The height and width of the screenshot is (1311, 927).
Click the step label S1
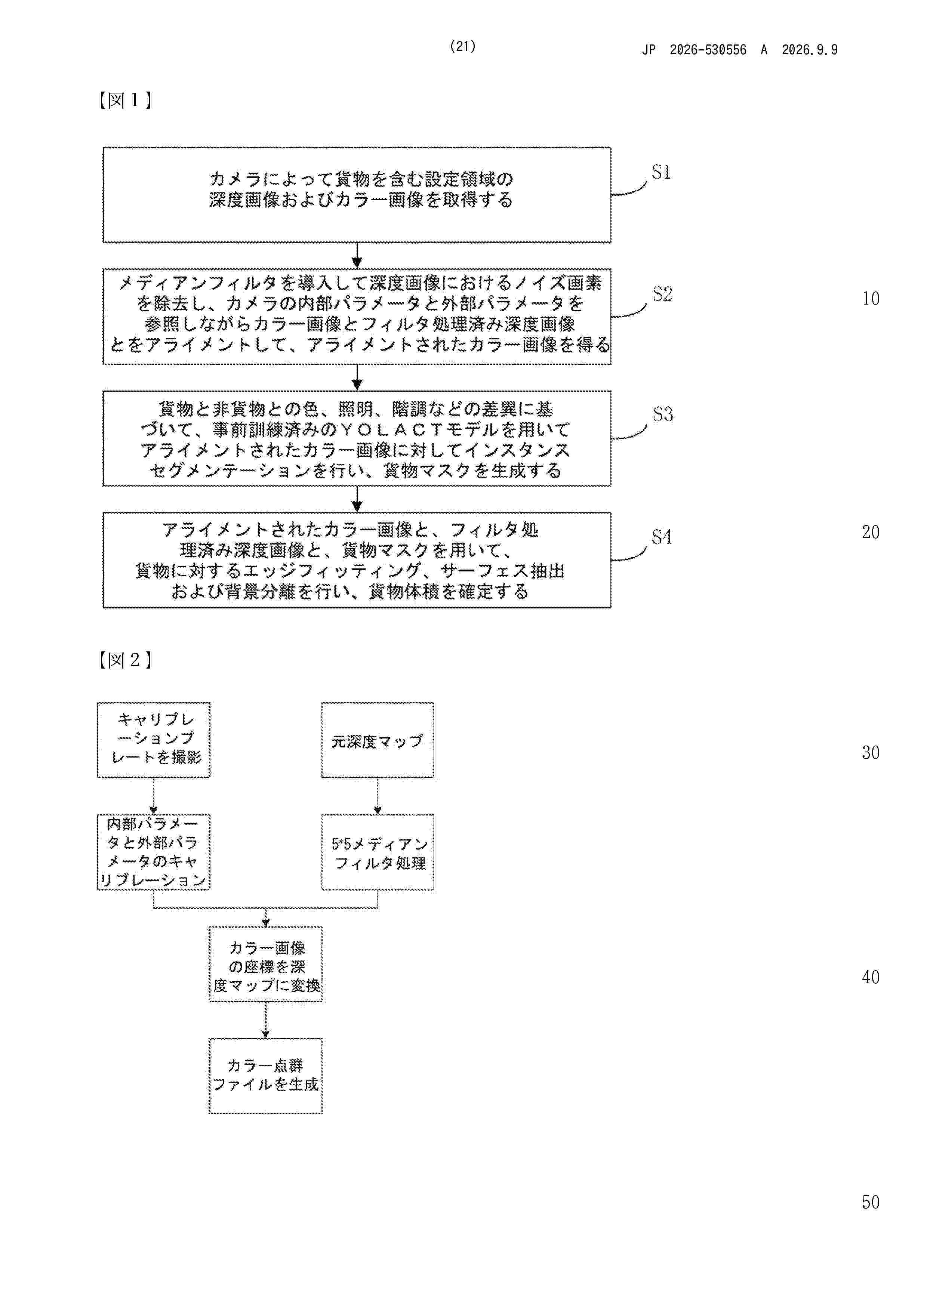[x=661, y=172]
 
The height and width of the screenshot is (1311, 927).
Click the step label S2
[x=663, y=294]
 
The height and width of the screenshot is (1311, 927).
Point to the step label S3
[x=663, y=414]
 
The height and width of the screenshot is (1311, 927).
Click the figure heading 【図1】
[x=124, y=101]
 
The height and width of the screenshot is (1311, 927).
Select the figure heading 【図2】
[x=124, y=660]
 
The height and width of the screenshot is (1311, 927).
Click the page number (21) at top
[x=463, y=46]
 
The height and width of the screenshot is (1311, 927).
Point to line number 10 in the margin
[x=871, y=298]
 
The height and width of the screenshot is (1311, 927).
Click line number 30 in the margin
[x=871, y=753]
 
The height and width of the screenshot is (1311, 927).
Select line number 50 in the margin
[x=871, y=1202]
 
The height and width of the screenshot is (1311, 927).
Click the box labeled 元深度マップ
[x=378, y=740]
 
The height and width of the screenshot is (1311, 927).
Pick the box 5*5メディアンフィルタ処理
[x=378, y=852]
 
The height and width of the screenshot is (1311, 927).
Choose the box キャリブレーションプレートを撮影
[x=154, y=740]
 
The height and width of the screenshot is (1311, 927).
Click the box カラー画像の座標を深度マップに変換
[x=266, y=965]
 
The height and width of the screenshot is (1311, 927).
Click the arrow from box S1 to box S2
[x=357, y=255]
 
